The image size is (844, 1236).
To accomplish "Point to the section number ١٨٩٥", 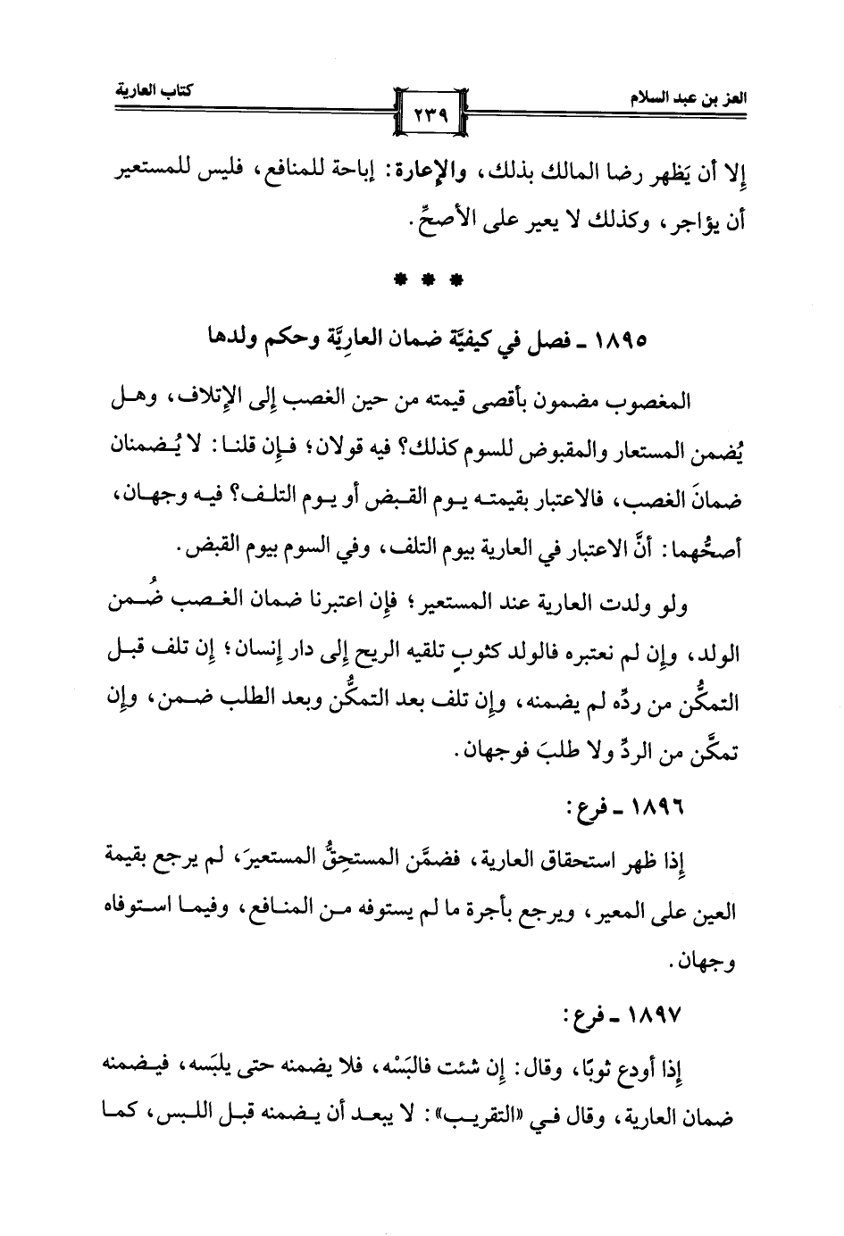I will (x=625, y=341).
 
